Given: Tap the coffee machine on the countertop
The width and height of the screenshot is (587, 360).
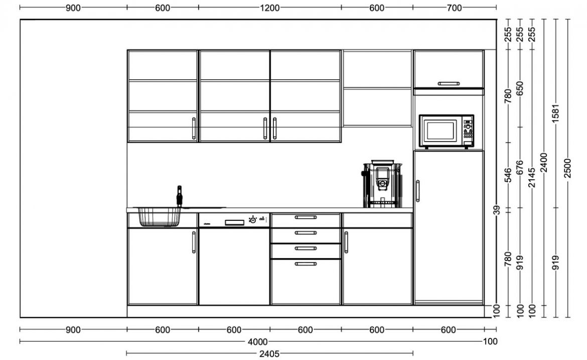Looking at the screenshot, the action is click(382, 184).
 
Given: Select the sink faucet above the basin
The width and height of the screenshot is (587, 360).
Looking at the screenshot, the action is click(179, 196).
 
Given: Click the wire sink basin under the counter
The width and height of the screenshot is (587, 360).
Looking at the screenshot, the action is click(159, 217).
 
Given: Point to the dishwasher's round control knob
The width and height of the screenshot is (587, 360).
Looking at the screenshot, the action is click(253, 220).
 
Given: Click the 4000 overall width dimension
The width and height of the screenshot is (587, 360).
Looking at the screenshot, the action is click(258, 341).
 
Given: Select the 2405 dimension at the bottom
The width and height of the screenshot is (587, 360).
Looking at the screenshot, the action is click(269, 353).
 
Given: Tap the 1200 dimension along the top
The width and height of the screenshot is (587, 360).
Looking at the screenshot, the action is click(270, 8).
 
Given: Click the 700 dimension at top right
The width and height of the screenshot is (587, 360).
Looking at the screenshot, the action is click(454, 8).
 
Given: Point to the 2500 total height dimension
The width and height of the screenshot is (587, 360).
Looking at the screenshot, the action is click(568, 168).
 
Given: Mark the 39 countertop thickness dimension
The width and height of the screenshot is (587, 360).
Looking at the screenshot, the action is click(496, 210).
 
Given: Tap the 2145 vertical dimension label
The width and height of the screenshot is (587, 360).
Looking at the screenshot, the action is click(532, 178).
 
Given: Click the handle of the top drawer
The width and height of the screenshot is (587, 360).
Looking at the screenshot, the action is click(306, 217).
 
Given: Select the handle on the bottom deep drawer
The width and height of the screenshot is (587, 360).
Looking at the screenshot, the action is click(306, 264).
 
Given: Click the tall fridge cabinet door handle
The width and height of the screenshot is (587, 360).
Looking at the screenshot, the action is click(418, 191).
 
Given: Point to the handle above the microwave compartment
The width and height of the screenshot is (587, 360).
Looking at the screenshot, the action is click(449, 83).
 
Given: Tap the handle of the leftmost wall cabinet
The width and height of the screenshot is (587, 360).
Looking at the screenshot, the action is click(194, 129).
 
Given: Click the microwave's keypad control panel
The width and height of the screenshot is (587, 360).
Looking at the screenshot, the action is click(468, 131).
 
